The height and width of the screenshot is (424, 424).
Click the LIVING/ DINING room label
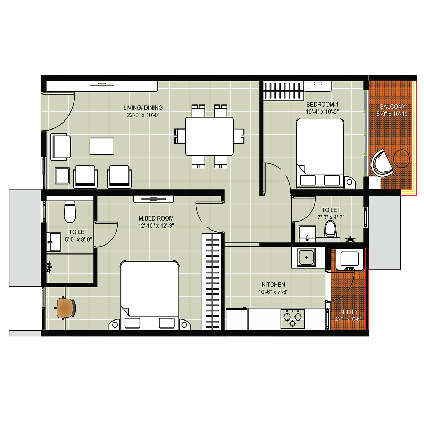[143, 108]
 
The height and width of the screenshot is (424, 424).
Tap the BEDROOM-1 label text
[322, 104]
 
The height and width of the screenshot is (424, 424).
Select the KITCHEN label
[273, 284]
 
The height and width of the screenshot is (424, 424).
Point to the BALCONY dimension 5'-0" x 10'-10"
[392, 114]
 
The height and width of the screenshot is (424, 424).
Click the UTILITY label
[348, 312]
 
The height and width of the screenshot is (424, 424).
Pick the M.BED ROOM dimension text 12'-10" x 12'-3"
[156, 226]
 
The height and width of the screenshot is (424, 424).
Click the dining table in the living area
[209, 136]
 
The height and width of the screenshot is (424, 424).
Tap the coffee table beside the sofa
[102, 146]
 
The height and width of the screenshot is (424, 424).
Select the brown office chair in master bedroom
[65, 308]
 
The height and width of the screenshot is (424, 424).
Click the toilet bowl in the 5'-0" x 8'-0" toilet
[70, 212]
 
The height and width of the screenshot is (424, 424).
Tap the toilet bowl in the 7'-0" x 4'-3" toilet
[330, 228]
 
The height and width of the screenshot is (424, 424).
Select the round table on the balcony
[401, 159]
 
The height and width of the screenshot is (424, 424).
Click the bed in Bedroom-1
[320, 153]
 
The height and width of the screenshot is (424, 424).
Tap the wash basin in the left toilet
[53, 242]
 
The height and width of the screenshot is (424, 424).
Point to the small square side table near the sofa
[62, 176]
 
